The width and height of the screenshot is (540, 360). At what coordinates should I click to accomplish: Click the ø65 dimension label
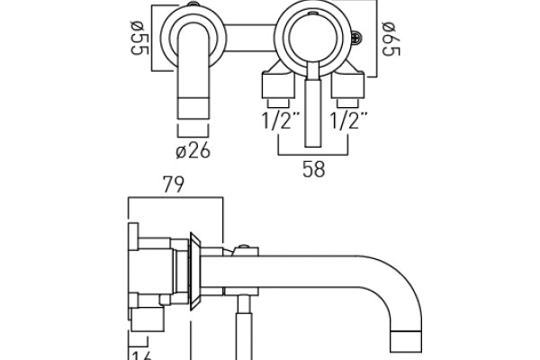click(389, 38)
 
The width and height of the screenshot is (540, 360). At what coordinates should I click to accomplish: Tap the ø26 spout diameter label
click(193, 150)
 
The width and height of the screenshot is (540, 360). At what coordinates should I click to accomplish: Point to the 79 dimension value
click(174, 186)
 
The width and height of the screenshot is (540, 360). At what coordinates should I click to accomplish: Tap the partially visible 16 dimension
click(139, 354)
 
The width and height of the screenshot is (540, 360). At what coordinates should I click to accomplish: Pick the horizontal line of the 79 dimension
click(175, 198)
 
